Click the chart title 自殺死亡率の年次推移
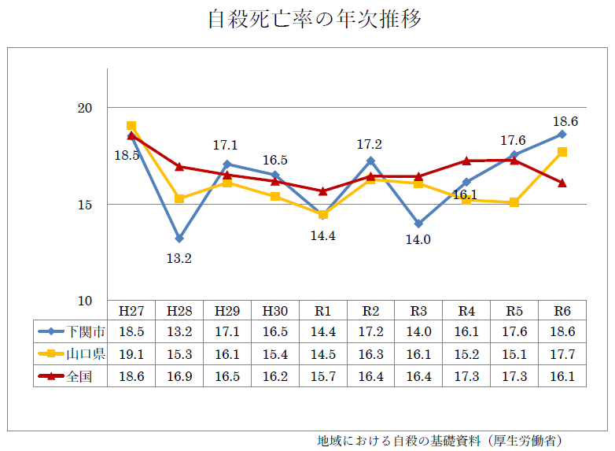click(x=314, y=20)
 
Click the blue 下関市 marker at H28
click(x=179, y=238)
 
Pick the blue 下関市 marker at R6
click(x=562, y=134)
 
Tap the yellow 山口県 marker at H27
click(x=131, y=126)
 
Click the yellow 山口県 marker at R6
click(x=562, y=152)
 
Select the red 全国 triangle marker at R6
click(x=562, y=183)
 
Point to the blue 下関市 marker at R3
click(x=418, y=224)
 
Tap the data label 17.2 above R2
click(x=370, y=145)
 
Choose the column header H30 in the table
click(x=274, y=309)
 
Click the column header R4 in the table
click(x=466, y=309)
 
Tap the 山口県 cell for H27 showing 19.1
click(x=131, y=354)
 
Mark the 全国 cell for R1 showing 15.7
click(x=322, y=377)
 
